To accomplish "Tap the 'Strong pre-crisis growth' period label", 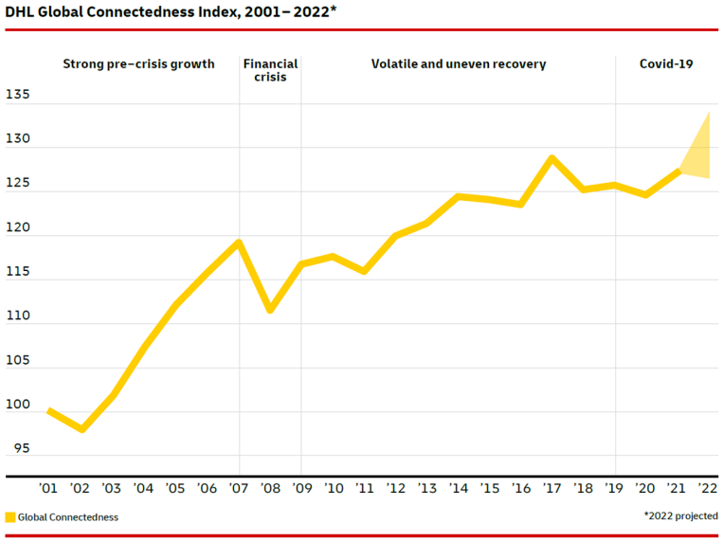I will pos(138,64).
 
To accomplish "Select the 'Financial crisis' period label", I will pos(270,70).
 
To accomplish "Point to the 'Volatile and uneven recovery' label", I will pos(459,64).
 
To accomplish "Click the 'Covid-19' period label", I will pos(666,64).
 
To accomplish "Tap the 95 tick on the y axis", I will pos(21,448).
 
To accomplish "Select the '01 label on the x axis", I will pos(49,489).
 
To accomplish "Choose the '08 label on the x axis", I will pos(270,489).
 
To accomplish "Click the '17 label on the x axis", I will pos(552,489).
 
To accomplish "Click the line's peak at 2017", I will pos(552,158).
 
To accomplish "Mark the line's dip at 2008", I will pos(270,309).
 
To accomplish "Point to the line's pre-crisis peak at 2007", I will pos(239,242).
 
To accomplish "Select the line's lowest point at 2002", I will pos(81,429).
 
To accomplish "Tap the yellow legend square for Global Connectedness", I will pos(10,517).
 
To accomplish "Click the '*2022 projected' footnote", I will pos(679,516).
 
